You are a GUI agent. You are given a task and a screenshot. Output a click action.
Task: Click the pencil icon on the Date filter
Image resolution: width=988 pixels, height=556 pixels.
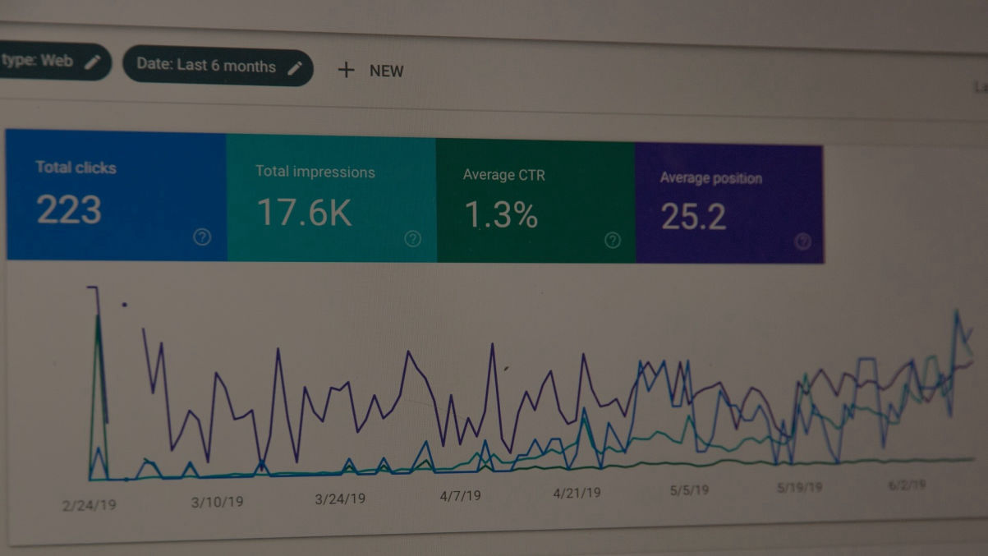pos(295,68)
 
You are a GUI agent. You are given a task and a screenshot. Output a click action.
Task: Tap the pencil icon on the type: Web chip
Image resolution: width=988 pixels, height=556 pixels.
pos(93,62)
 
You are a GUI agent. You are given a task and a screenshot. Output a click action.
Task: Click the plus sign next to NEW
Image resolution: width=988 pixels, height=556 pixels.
pos(346,70)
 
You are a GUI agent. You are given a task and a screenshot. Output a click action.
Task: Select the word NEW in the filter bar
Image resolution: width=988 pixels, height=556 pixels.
pos(386,71)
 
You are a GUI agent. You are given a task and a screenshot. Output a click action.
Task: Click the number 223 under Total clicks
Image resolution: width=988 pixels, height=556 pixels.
pos(69,210)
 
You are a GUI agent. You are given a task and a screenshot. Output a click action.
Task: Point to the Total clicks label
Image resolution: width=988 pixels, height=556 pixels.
pos(76,168)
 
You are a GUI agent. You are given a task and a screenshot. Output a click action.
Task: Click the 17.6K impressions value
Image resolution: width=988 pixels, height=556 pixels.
pos(304,212)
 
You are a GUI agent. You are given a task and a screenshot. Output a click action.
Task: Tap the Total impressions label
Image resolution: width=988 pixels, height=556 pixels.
pos(315,172)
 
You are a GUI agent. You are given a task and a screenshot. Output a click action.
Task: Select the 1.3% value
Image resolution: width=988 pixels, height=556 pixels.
pos(501,215)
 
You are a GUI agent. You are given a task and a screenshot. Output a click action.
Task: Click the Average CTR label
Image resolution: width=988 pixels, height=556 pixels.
pos(503,175)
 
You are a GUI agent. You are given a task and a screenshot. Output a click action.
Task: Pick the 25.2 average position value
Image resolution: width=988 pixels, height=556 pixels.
pos(693,217)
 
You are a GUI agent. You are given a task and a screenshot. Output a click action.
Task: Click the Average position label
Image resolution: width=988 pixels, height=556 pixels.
pos(710,178)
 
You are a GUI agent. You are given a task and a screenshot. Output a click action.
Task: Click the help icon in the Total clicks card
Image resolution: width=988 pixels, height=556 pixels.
pos(202,237)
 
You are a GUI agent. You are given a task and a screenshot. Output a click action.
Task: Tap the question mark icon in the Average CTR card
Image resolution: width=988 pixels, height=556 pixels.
pos(613,241)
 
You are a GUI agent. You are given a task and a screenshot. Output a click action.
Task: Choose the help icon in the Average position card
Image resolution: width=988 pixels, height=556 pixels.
pos(803,241)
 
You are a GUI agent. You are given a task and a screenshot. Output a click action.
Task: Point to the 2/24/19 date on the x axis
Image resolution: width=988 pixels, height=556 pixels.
pos(89,505)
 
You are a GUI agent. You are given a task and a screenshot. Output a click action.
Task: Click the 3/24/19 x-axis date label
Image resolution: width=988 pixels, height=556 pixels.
pos(340,499)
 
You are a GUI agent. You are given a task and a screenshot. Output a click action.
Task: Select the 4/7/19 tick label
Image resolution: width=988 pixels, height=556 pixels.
pos(461,496)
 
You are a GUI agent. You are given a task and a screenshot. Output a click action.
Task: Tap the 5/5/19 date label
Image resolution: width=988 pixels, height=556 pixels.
pos(689,490)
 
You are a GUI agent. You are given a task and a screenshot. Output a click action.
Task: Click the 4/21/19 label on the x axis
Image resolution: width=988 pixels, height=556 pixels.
pos(577,493)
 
